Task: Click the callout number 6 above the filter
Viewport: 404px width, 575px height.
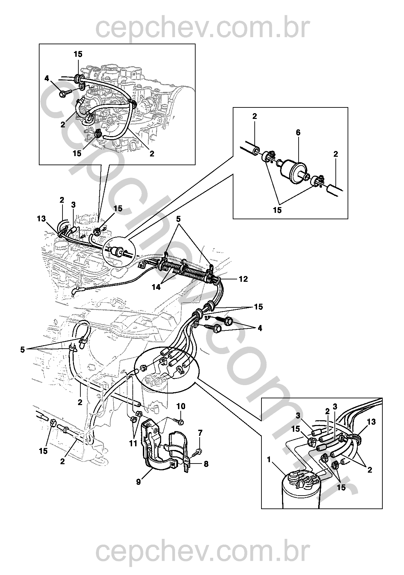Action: tap(298, 133)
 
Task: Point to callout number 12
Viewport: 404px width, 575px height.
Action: tap(243, 279)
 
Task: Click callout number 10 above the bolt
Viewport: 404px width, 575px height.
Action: tap(181, 405)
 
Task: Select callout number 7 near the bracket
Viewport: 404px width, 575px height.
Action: tap(200, 433)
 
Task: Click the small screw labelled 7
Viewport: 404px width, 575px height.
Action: tap(199, 451)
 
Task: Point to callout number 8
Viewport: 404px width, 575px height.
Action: tap(206, 464)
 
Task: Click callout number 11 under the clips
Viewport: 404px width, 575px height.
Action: tap(134, 443)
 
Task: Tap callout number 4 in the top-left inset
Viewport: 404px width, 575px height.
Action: tap(47, 79)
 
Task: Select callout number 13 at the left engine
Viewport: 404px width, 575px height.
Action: tap(41, 219)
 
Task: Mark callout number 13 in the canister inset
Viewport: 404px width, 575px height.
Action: tap(371, 422)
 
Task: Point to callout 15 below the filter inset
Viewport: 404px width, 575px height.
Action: tap(277, 210)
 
